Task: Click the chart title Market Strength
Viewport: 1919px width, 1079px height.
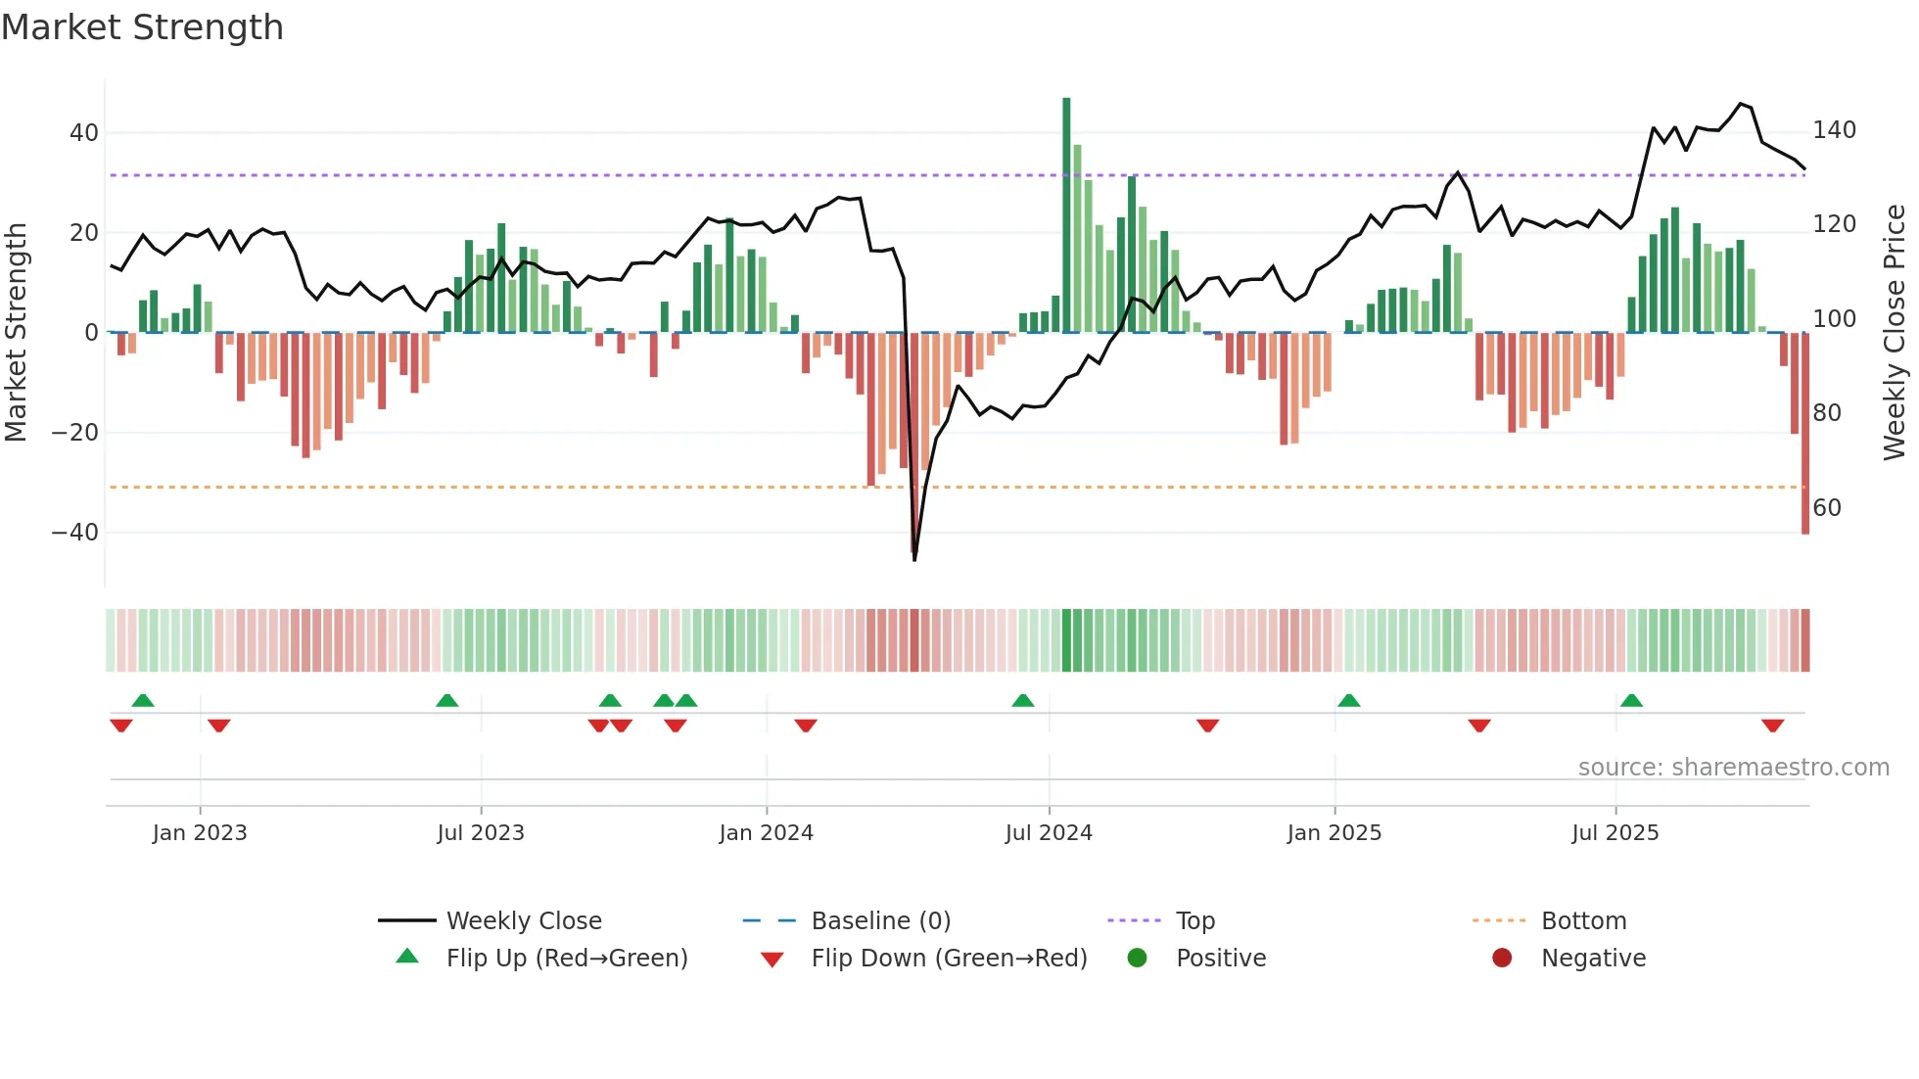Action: coord(142,27)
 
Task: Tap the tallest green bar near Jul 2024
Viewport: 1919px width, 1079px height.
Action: coord(1066,215)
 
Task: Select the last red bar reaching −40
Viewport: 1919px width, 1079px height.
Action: coord(1804,436)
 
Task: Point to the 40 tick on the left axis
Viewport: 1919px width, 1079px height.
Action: coord(84,132)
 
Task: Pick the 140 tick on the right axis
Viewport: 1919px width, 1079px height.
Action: coord(1834,130)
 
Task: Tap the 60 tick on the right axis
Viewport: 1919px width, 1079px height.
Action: coord(1827,507)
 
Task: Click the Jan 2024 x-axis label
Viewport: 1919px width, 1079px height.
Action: coord(766,833)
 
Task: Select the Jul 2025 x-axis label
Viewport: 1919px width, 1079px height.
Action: coord(1615,833)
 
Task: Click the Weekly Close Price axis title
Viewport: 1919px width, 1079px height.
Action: coord(1895,333)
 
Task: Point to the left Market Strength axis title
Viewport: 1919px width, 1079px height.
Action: coord(17,333)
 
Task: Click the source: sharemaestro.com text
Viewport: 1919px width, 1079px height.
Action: coord(1733,768)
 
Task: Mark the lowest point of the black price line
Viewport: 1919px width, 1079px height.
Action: coord(914,559)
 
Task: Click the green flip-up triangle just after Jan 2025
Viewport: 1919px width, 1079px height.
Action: coord(1348,701)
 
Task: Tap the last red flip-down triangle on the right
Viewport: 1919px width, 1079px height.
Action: coord(1772,726)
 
